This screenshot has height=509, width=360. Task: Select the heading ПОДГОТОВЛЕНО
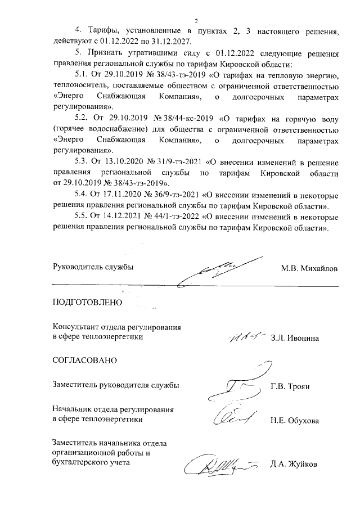(87, 302)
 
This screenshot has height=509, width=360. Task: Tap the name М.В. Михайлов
(310, 268)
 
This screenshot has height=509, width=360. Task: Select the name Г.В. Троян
(291, 386)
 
